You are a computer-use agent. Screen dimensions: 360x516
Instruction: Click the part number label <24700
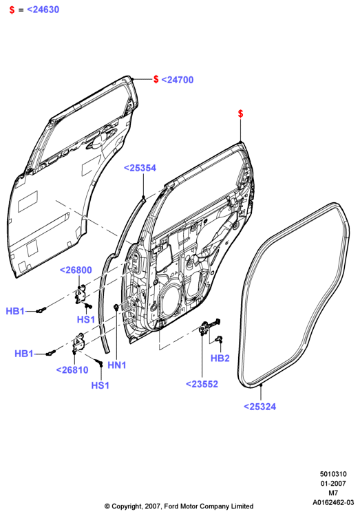click(177, 80)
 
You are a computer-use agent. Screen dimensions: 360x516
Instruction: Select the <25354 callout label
click(140, 168)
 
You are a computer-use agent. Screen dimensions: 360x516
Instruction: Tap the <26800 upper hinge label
click(76, 270)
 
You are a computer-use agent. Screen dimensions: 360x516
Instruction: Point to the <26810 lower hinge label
click(72, 370)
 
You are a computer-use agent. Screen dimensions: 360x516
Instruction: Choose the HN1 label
click(117, 365)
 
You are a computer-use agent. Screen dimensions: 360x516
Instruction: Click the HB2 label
click(220, 358)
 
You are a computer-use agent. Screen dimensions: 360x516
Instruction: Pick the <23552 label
click(202, 384)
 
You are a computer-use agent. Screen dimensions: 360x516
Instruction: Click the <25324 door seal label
click(260, 407)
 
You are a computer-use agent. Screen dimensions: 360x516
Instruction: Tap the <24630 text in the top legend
click(43, 10)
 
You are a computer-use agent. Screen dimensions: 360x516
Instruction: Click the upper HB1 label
click(15, 311)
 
